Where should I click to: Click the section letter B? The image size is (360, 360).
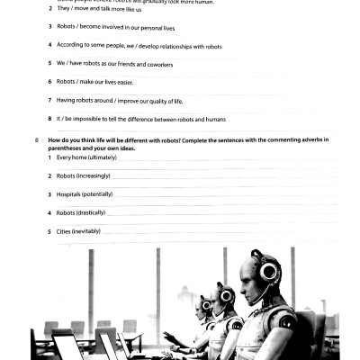point(36,140)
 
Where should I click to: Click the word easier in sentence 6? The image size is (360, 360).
point(135,82)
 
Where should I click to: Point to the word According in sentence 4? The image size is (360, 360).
point(71,44)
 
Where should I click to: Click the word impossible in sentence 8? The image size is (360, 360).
point(91,119)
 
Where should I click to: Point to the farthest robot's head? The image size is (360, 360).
point(206,304)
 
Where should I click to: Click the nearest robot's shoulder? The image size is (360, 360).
point(286,319)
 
